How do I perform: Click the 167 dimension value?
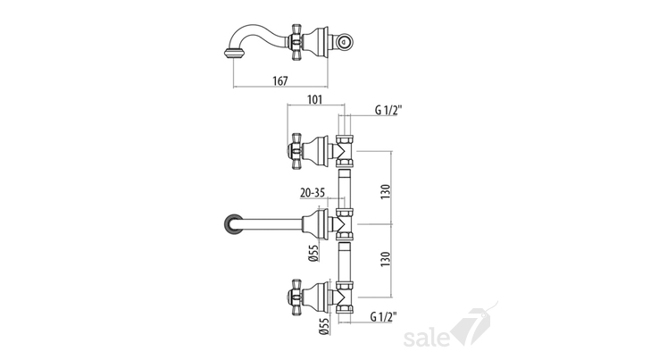tap(280, 80)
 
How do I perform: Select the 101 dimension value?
tap(315, 100)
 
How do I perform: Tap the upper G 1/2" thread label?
tap(388, 110)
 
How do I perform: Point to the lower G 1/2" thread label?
tap(384, 317)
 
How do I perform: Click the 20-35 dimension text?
tap(313, 193)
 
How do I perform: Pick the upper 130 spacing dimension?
tap(386, 192)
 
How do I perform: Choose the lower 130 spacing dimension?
tap(386, 259)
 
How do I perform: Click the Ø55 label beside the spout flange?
tap(313, 253)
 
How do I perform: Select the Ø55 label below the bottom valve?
tap(323, 327)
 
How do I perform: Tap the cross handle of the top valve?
tap(296, 151)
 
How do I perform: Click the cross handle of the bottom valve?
tap(296, 296)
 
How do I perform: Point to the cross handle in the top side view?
tap(295, 43)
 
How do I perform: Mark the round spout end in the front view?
tap(233, 223)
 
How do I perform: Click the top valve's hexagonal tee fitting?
tap(345, 151)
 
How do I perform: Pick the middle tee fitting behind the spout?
tap(345, 224)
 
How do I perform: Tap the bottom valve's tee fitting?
tap(345, 297)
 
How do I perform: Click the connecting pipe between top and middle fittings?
tap(344, 188)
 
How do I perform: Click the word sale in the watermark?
tap(426, 339)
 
